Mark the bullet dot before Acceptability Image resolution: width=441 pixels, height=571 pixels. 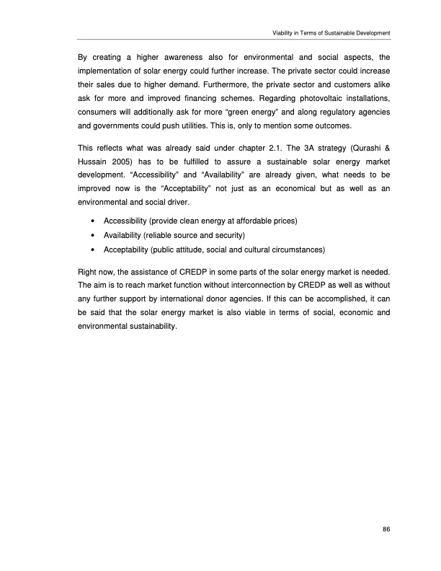coord(93,249)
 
